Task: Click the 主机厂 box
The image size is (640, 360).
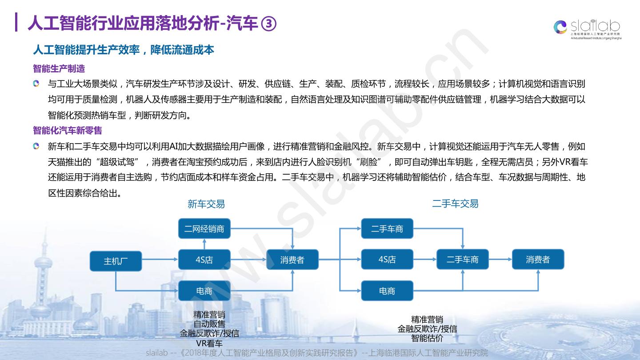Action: click(x=116, y=261)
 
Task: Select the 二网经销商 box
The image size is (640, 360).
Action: click(x=204, y=229)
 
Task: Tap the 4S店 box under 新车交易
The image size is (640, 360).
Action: click(x=204, y=260)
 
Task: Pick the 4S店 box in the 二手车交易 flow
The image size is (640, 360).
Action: click(x=387, y=260)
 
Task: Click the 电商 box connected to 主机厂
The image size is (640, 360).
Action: click(x=204, y=291)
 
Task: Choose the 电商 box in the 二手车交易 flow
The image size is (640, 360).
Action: click(x=387, y=291)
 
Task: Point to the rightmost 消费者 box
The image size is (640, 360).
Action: click(x=538, y=260)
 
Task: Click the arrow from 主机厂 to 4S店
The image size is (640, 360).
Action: click(x=160, y=260)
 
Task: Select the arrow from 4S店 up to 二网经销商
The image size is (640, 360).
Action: click(x=204, y=244)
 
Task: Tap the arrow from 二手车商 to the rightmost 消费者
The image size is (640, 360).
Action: click(x=500, y=260)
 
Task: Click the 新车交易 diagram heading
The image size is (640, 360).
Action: click(x=206, y=204)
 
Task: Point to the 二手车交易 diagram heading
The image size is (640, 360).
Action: click(x=455, y=204)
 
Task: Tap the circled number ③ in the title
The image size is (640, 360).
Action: click(x=268, y=24)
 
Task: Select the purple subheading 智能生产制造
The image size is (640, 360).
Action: click(x=59, y=69)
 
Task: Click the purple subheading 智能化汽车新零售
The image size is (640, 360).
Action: click(x=68, y=130)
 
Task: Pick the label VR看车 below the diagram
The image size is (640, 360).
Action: click(x=209, y=343)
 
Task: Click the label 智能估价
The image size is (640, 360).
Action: click(x=427, y=338)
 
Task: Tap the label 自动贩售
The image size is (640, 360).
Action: click(x=209, y=324)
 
